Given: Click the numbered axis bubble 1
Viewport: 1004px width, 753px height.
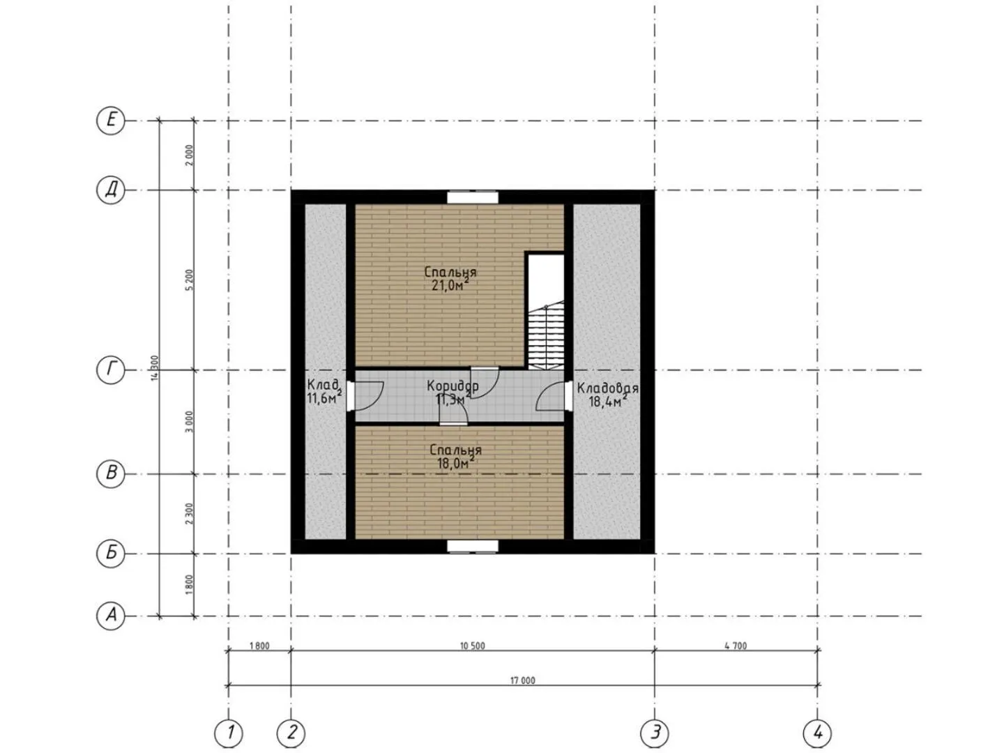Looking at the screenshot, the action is click(229, 733).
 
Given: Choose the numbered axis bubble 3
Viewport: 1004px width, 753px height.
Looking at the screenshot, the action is click(654, 733).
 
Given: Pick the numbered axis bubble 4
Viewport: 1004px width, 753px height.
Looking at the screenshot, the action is click(817, 733).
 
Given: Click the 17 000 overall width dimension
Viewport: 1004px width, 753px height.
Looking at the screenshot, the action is click(522, 680).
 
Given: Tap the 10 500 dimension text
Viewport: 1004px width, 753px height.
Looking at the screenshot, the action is click(472, 646).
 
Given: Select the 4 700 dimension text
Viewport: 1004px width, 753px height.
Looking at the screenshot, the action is click(736, 646).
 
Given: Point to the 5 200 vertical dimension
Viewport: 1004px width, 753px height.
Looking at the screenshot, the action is click(190, 280).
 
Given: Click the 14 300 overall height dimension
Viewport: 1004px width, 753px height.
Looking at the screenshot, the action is click(155, 368).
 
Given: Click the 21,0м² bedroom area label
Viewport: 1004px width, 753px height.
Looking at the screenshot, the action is click(450, 285).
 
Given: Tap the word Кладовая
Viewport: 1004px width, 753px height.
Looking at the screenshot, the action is click(607, 388).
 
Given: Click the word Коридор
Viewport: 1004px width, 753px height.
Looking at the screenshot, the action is click(452, 386).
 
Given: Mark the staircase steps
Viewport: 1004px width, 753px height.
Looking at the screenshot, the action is click(546, 337).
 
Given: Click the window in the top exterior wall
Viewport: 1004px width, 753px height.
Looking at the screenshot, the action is click(473, 197).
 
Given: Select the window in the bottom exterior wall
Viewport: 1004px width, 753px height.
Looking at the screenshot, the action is click(473, 547).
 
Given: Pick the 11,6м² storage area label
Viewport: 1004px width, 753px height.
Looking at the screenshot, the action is click(324, 398).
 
